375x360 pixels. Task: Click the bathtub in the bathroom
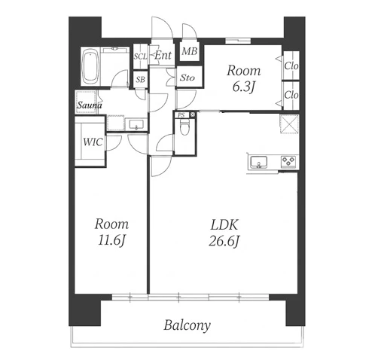(91, 67)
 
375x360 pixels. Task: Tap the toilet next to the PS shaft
(185, 127)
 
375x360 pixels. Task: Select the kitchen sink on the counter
(259, 162)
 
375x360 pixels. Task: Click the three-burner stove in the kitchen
(288, 161)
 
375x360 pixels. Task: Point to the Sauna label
(90, 105)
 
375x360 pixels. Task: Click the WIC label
(93, 142)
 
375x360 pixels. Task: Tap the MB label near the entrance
(190, 51)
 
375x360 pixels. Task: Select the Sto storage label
(187, 78)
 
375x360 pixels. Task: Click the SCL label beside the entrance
(140, 56)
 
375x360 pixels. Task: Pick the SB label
(141, 80)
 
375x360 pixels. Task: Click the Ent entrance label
(163, 55)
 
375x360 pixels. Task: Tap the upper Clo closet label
(291, 66)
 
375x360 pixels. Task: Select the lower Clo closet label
(291, 95)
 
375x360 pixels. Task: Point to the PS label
(181, 115)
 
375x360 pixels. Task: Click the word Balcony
(187, 325)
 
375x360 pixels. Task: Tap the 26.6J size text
(224, 241)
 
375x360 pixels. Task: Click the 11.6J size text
(111, 240)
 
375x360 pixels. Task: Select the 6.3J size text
(243, 87)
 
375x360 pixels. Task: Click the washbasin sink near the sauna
(136, 124)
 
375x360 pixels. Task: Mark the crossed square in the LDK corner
(289, 124)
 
